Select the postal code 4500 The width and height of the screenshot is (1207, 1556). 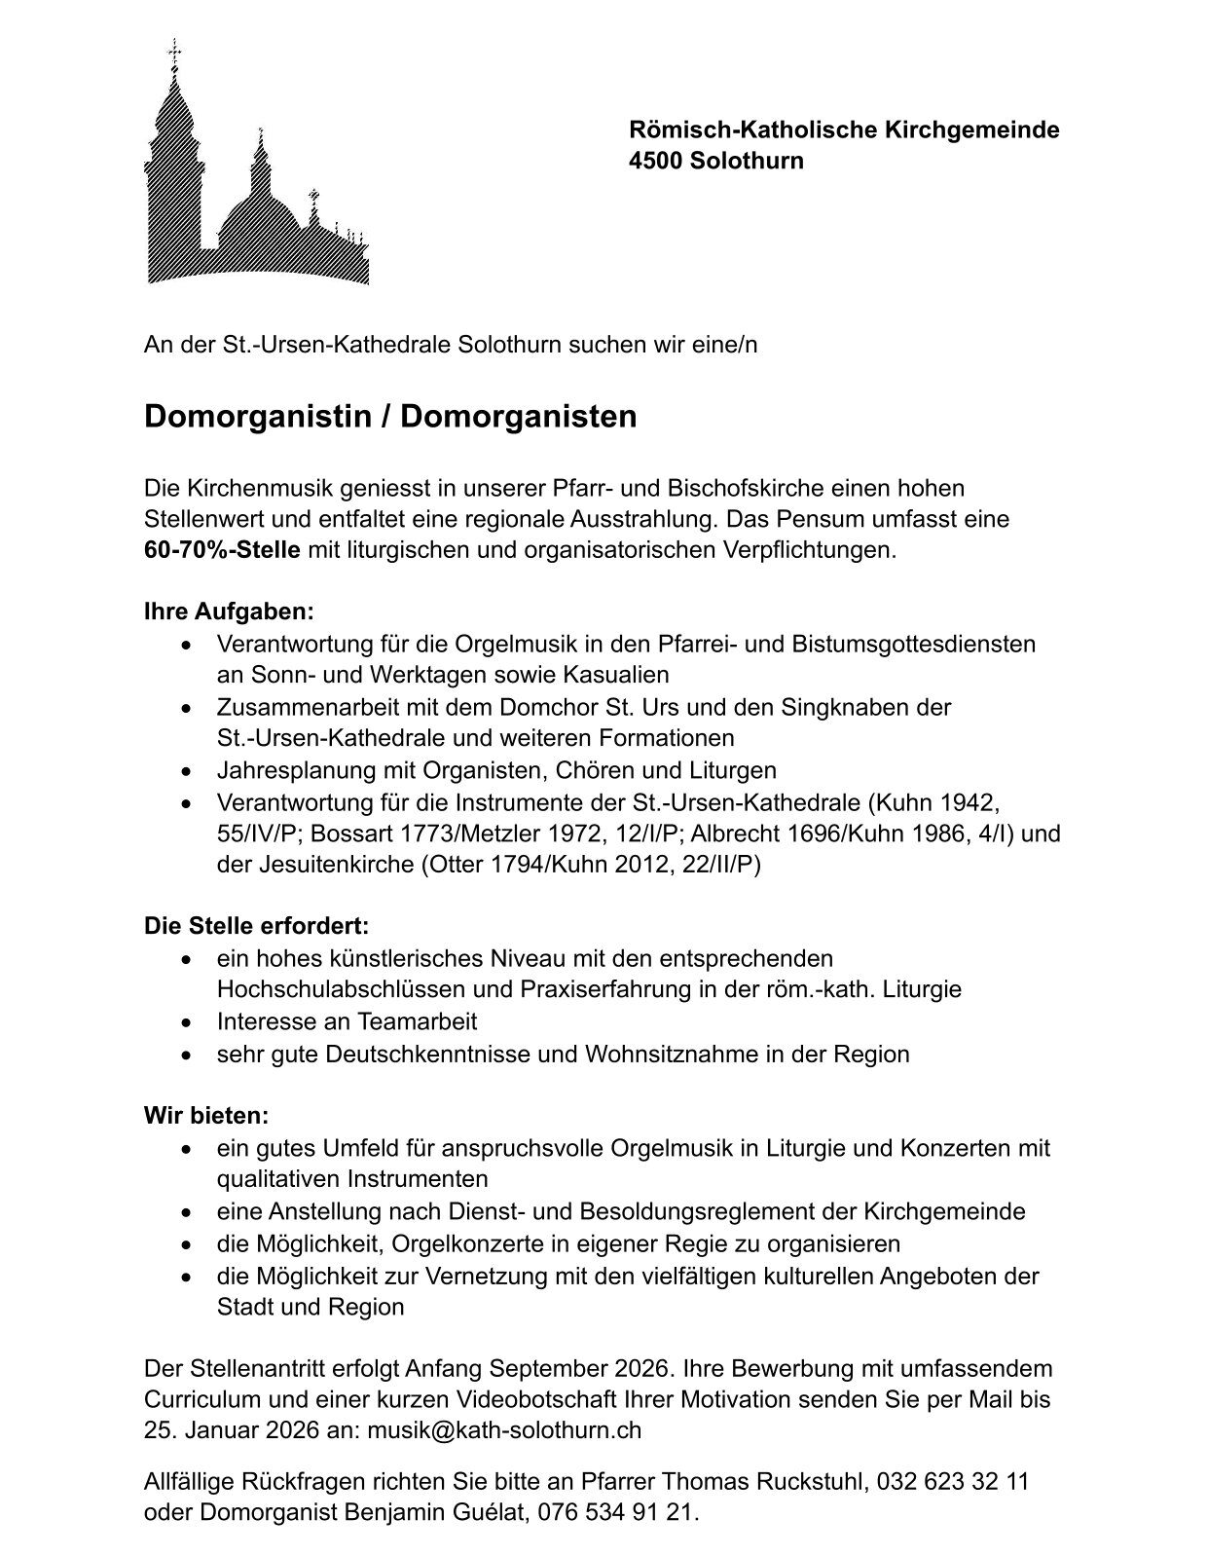(657, 161)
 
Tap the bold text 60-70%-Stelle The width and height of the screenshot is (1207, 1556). (222, 550)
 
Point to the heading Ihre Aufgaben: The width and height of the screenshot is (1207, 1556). (229, 612)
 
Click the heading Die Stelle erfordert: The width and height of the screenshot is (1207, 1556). (256, 926)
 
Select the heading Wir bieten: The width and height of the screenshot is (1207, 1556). (205, 1115)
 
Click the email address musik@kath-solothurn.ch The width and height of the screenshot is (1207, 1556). (504, 1430)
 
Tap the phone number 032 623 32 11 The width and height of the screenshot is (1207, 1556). (953, 1483)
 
